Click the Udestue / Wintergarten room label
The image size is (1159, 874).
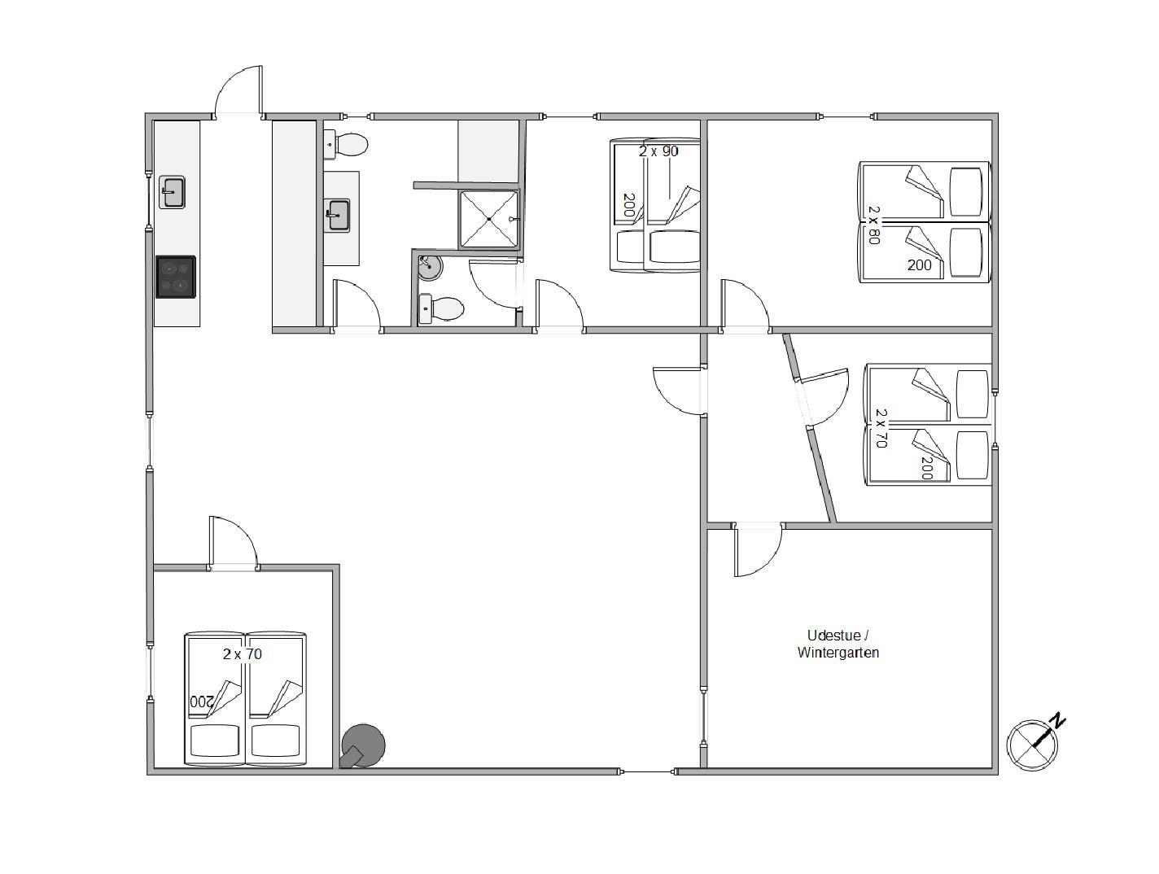pos(838,644)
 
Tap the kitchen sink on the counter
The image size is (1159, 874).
pos(172,192)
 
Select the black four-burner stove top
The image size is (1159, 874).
pos(175,277)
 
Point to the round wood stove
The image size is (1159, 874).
pos(362,745)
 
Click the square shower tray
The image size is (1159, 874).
pos(489,219)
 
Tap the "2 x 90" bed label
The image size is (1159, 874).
pos(658,151)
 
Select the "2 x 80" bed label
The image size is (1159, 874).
pos(874,225)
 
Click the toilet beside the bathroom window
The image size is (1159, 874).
pos(347,144)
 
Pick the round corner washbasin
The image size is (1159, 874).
pos(430,268)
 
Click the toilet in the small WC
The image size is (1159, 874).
pos(440,308)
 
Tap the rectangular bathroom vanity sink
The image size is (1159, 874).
pos(338,216)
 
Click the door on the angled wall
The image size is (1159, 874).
pos(822,397)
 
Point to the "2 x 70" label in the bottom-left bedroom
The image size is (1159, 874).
pos(243,654)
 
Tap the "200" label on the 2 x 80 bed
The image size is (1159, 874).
pos(919,265)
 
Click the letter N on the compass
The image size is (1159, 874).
pos(1057,720)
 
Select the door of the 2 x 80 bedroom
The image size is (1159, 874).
pos(745,306)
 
